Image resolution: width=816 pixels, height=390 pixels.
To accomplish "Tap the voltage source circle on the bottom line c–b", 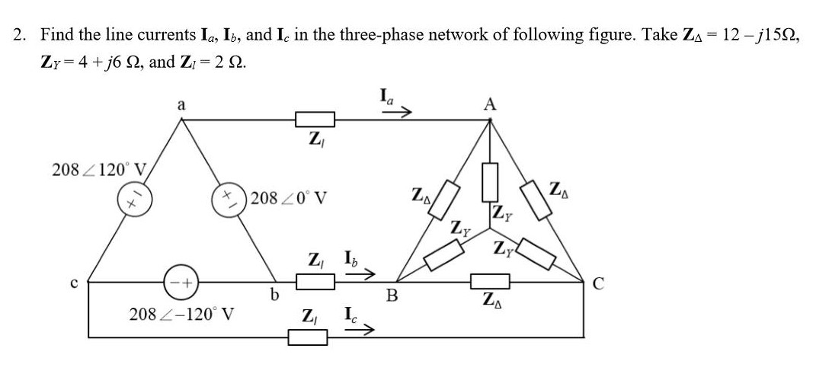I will (x=175, y=282).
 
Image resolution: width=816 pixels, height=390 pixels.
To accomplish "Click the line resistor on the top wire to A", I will (x=314, y=119).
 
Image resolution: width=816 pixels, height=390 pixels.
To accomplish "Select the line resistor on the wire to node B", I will (x=314, y=282).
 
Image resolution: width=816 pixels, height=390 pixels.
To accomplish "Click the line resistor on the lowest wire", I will (x=309, y=336).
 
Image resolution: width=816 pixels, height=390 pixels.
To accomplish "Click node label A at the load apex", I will (x=490, y=105).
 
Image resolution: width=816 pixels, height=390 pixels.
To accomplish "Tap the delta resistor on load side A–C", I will (x=538, y=200).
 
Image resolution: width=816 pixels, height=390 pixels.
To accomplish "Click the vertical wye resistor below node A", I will (x=490, y=179).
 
